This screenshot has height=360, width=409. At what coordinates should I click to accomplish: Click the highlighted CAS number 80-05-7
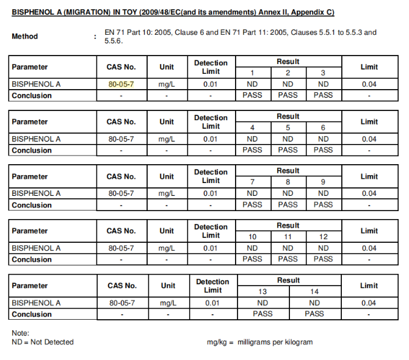(121, 84)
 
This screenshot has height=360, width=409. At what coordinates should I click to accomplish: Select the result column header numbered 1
(252, 73)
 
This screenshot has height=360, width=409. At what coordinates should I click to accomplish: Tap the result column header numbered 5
(288, 128)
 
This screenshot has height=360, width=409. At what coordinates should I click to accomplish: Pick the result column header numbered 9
(323, 182)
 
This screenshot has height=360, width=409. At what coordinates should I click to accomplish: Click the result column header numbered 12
(323, 237)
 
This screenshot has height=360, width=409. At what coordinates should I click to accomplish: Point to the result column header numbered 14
(314, 292)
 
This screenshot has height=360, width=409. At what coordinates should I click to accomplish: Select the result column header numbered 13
(262, 292)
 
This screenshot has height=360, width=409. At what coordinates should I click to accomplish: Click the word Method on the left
(24, 37)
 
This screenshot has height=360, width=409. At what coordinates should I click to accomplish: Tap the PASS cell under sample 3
(323, 95)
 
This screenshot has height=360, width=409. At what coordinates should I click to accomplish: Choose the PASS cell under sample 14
(314, 314)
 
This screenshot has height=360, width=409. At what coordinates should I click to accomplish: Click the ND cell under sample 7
(252, 193)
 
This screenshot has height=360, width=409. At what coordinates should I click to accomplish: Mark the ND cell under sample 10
(252, 248)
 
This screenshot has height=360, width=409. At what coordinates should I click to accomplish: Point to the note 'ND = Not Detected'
(43, 342)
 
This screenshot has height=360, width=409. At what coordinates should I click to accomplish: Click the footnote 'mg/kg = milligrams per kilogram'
(259, 342)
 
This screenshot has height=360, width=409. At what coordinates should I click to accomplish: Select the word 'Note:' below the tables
(20, 333)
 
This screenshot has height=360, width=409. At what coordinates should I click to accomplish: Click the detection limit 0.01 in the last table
(212, 303)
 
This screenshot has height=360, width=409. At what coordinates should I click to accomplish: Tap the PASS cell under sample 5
(288, 150)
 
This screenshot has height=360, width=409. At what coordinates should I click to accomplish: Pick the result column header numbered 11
(288, 237)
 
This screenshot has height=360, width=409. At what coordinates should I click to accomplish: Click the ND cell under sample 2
(288, 84)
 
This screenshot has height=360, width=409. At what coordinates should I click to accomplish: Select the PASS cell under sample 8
(288, 204)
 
